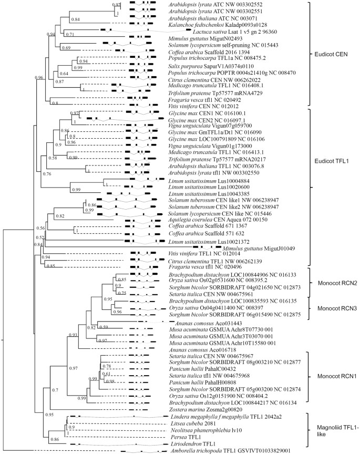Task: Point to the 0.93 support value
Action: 73,335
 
